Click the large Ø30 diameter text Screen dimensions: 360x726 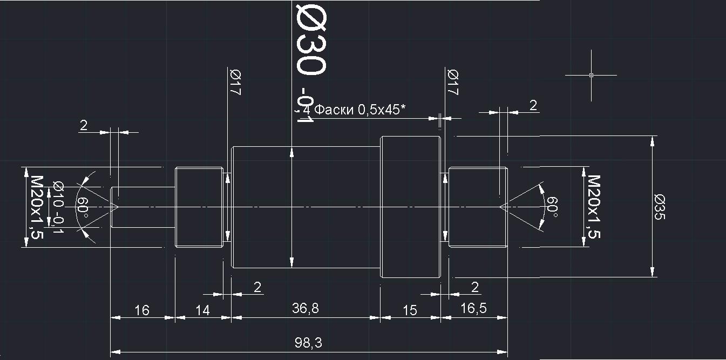pyautogui.click(x=311, y=39)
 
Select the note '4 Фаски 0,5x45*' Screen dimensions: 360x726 pyautogui.click(x=354, y=110)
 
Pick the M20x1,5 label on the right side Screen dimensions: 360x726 pyautogui.click(x=594, y=207)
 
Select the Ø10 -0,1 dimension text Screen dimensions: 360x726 pyautogui.click(x=57, y=207)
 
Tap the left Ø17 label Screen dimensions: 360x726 pyautogui.click(x=235, y=83)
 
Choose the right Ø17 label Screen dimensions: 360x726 pyautogui.click(x=452, y=83)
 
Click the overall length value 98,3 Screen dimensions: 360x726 pyautogui.click(x=309, y=343)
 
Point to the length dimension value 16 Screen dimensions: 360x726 pyautogui.click(x=142, y=310)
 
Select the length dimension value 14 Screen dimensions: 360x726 pyautogui.click(x=202, y=310)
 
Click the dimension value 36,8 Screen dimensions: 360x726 pyautogui.click(x=306, y=308)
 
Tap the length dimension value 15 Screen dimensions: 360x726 pyautogui.click(x=410, y=310)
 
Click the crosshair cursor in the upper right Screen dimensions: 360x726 pyautogui.click(x=591, y=75)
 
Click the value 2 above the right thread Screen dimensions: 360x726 pyautogui.click(x=533, y=105)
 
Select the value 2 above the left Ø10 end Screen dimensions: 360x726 pyautogui.click(x=84, y=125)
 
